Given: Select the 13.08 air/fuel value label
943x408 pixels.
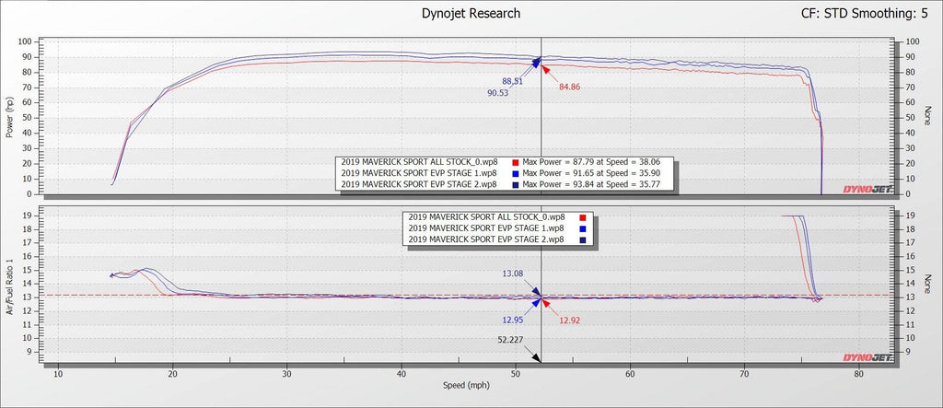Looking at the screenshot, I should click(x=514, y=273).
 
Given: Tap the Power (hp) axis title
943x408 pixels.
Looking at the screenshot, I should click(x=9, y=118).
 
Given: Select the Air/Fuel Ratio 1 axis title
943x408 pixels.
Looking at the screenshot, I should click(x=9, y=286).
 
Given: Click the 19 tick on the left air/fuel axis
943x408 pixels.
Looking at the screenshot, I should click(x=29, y=216).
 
